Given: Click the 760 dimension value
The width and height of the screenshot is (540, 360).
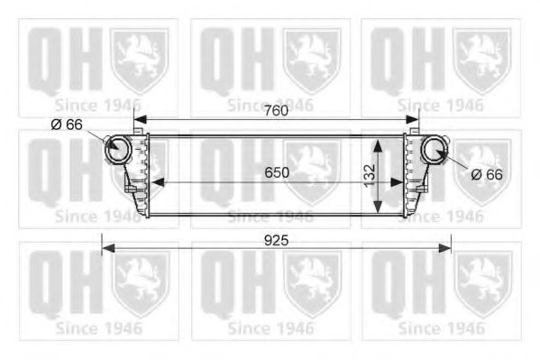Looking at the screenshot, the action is [x=277, y=110].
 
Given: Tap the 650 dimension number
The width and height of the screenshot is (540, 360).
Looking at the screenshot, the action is [x=277, y=172].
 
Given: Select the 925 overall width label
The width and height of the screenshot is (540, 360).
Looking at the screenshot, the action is [x=276, y=241].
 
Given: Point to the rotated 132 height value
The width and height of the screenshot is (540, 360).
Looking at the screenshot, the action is [x=370, y=176].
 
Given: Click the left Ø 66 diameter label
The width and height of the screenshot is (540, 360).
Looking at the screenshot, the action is [x=67, y=125].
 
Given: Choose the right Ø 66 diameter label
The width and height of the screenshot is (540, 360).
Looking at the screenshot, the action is [x=487, y=175].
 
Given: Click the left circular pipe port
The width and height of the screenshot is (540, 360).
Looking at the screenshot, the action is [x=119, y=149].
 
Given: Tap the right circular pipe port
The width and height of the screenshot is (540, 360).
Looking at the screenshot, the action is [x=435, y=149].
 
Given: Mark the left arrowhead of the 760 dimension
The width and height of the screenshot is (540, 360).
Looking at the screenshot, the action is [x=140, y=120].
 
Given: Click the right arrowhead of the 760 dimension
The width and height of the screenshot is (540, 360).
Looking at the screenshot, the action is [x=413, y=120].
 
